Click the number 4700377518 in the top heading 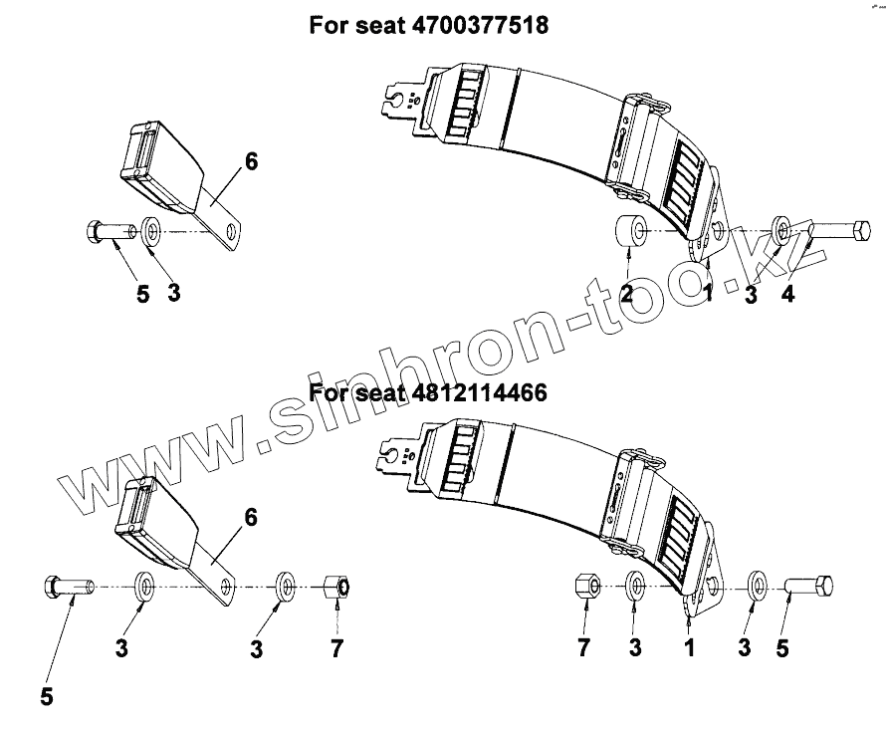(x=479, y=25)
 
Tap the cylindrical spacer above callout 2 (x=626, y=233)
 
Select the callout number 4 (x=787, y=294)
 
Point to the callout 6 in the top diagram (x=251, y=160)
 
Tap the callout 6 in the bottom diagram (x=250, y=517)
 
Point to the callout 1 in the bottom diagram (x=687, y=649)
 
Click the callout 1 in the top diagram (x=708, y=293)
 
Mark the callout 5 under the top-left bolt (x=143, y=295)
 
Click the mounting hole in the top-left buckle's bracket (x=233, y=232)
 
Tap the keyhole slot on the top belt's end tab (x=402, y=99)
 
